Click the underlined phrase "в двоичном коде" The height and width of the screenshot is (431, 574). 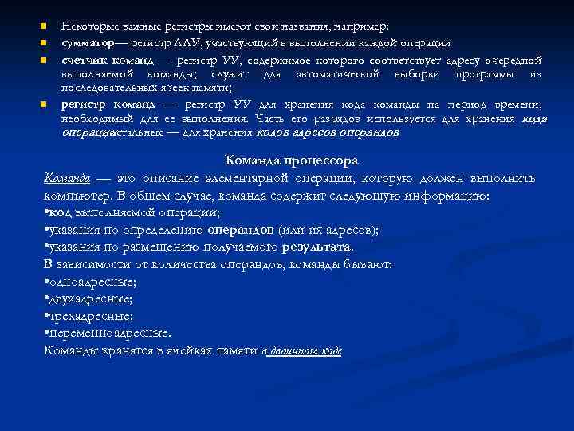[302, 351]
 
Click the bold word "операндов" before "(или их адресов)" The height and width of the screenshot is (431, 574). [240, 230]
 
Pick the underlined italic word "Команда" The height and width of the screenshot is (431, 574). [67, 178]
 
